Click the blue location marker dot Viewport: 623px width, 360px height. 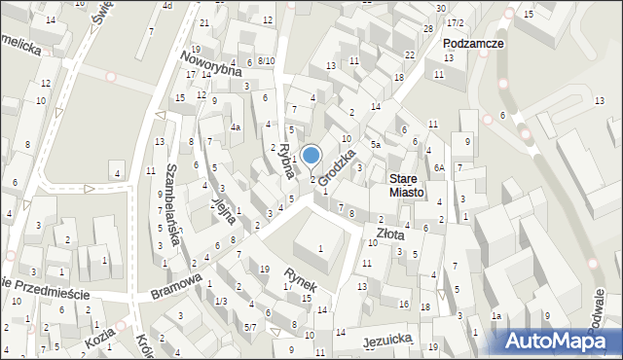(x=311, y=154)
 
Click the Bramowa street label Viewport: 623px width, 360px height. (x=176, y=286)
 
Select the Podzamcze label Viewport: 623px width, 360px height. (x=472, y=44)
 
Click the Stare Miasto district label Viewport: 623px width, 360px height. (x=406, y=186)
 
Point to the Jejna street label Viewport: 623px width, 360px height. (x=224, y=205)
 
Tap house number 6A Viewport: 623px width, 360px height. (x=439, y=168)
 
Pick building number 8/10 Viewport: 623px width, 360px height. (x=266, y=61)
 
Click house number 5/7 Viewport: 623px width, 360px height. (x=250, y=327)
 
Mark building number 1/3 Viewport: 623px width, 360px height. (x=222, y=301)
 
